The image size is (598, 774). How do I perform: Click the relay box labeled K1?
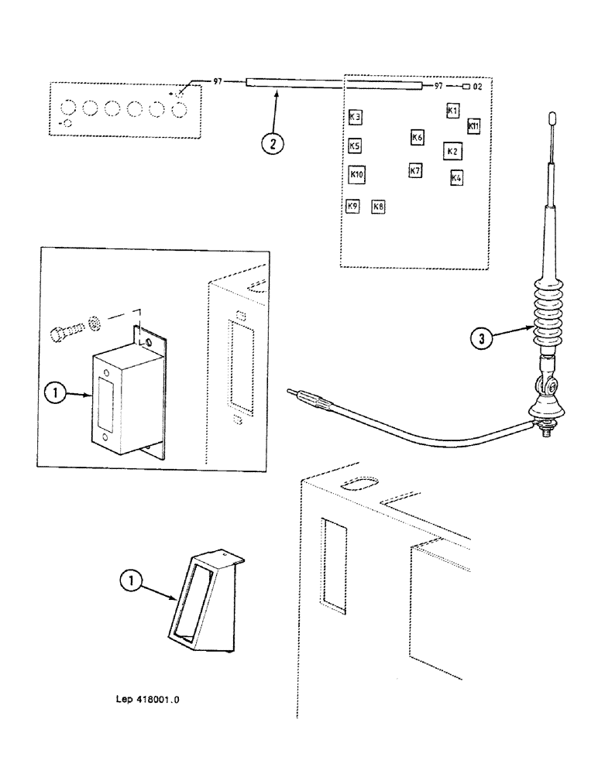point(453,111)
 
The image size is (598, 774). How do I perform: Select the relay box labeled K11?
point(474,125)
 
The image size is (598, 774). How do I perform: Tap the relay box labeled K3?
point(356,118)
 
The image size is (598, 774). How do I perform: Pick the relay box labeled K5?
point(355,146)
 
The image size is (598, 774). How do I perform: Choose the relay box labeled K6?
point(417,138)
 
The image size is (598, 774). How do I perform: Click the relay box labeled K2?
point(452,151)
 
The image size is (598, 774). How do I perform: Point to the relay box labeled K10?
point(356,174)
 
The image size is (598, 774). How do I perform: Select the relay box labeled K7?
point(415,170)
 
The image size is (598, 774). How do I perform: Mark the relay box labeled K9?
point(352,207)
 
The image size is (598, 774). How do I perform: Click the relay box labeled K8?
point(379,207)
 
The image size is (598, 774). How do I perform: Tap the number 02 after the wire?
point(478,87)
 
